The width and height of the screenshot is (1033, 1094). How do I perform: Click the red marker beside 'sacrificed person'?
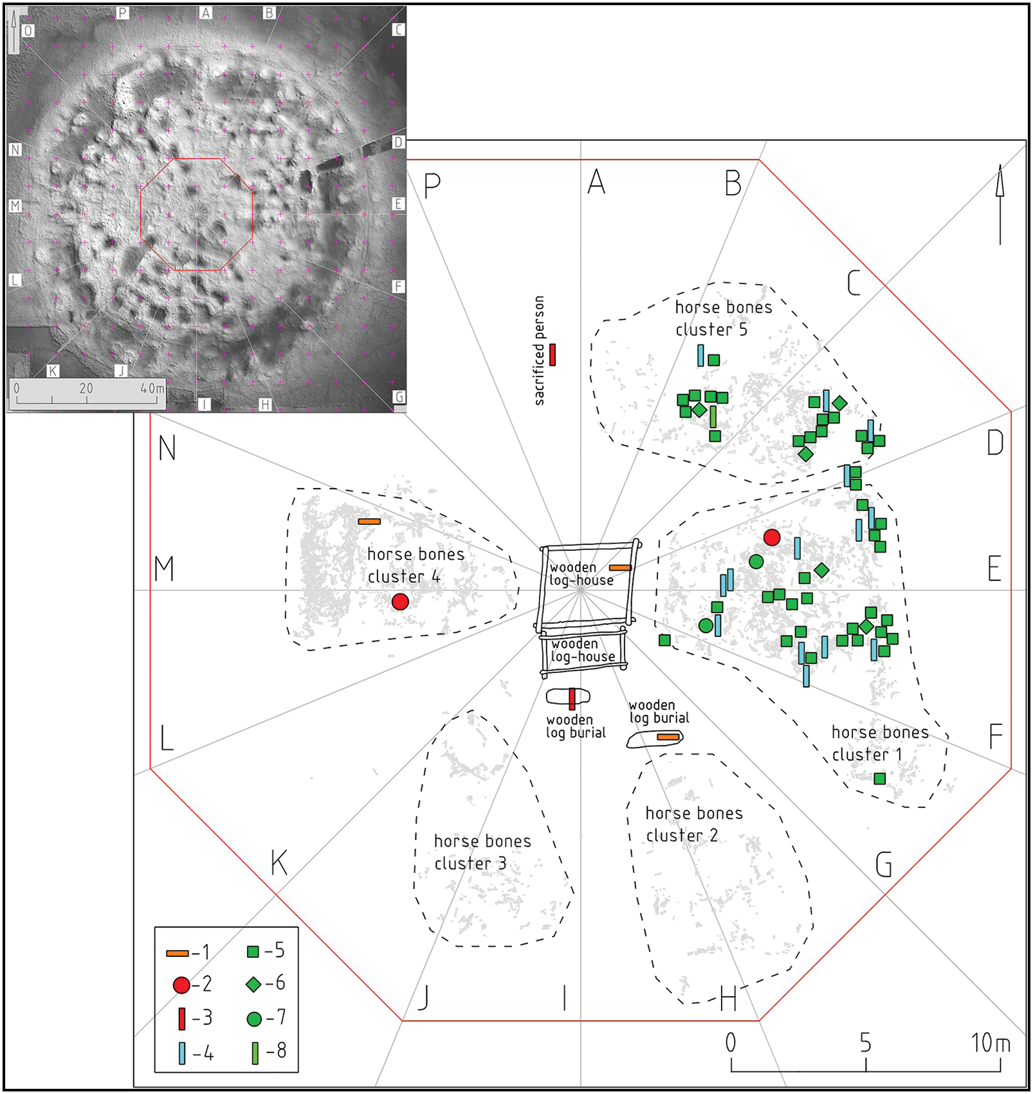click(x=553, y=355)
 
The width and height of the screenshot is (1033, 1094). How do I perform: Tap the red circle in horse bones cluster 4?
click(x=400, y=602)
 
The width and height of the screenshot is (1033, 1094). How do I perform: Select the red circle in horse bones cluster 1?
click(x=772, y=537)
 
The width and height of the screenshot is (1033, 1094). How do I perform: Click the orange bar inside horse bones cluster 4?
click(x=369, y=521)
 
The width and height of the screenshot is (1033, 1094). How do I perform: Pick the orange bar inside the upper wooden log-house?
click(x=620, y=568)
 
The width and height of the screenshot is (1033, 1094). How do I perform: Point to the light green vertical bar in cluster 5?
click(x=713, y=417)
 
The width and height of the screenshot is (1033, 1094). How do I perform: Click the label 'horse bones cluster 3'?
click(x=482, y=852)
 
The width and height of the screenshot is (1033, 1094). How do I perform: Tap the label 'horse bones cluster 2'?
click(x=693, y=824)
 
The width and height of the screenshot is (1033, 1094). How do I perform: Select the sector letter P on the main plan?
click(x=432, y=186)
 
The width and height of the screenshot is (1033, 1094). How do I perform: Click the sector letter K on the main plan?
click(x=279, y=863)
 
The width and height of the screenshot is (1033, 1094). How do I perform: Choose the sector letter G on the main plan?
click(x=884, y=864)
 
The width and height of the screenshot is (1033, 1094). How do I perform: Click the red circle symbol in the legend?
click(x=181, y=984)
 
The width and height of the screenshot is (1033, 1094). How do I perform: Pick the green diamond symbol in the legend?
click(x=254, y=984)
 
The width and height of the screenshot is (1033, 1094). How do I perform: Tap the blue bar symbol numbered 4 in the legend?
click(x=182, y=1053)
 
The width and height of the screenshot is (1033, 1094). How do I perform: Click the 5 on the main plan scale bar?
click(x=866, y=1043)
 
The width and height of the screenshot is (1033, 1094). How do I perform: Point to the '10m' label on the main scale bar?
click(x=991, y=1043)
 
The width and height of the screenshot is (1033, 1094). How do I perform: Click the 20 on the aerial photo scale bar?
click(x=86, y=388)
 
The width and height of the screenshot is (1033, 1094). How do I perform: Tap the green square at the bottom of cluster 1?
click(x=880, y=778)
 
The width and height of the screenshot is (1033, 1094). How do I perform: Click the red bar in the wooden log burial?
click(x=572, y=699)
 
